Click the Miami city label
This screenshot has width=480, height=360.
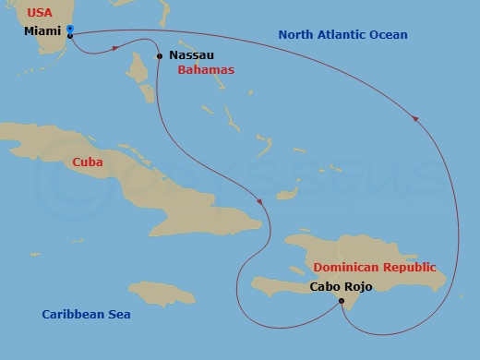coord(43,31)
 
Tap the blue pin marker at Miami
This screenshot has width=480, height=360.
coord(71,29)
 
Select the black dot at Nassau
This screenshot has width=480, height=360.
coord(160,56)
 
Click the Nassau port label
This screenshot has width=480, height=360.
coord(191,55)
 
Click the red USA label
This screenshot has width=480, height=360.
coord(39,13)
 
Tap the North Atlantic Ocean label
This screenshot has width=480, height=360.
coord(342,35)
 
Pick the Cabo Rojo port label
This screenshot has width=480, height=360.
coord(341,286)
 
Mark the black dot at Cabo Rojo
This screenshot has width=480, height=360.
coord(342,301)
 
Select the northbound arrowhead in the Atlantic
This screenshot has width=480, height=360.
coord(416,118)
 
